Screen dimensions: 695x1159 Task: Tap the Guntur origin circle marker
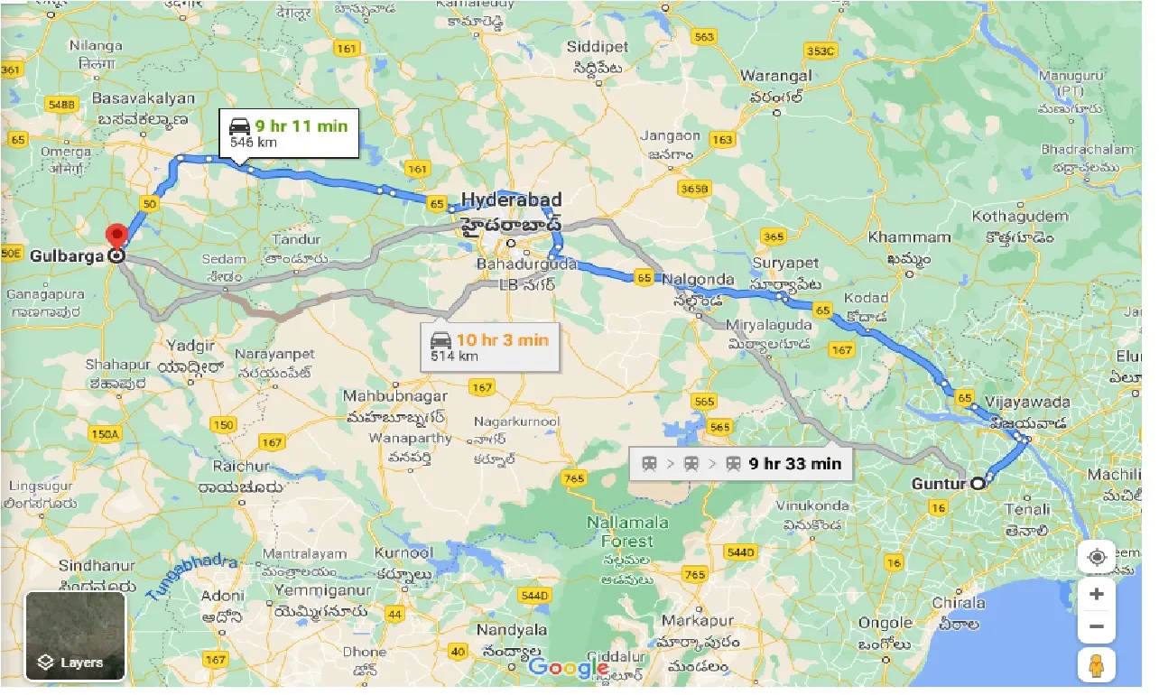pos(977,484)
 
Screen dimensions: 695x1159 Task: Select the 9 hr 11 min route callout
pos(291,133)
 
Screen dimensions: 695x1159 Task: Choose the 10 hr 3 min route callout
pos(490,347)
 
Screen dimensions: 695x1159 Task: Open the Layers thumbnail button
pos(75,636)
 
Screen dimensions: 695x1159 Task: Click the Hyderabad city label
pos(511,199)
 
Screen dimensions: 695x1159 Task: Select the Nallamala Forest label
pos(627,532)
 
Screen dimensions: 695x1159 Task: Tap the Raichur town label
pos(240,467)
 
